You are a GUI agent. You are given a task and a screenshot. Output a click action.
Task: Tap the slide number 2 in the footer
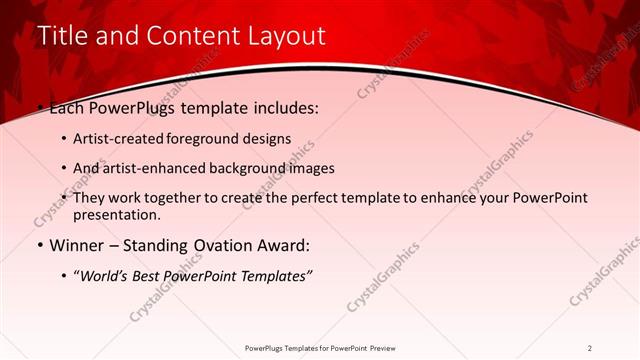[590, 348]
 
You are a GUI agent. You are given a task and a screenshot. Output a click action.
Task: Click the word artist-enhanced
[152, 168]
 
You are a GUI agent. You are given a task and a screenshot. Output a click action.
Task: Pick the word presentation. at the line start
[116, 214]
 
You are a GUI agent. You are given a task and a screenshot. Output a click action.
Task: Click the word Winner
[77, 245]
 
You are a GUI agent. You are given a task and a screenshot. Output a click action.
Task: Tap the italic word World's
[103, 275]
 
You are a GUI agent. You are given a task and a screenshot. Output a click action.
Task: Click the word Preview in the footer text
[381, 348]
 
